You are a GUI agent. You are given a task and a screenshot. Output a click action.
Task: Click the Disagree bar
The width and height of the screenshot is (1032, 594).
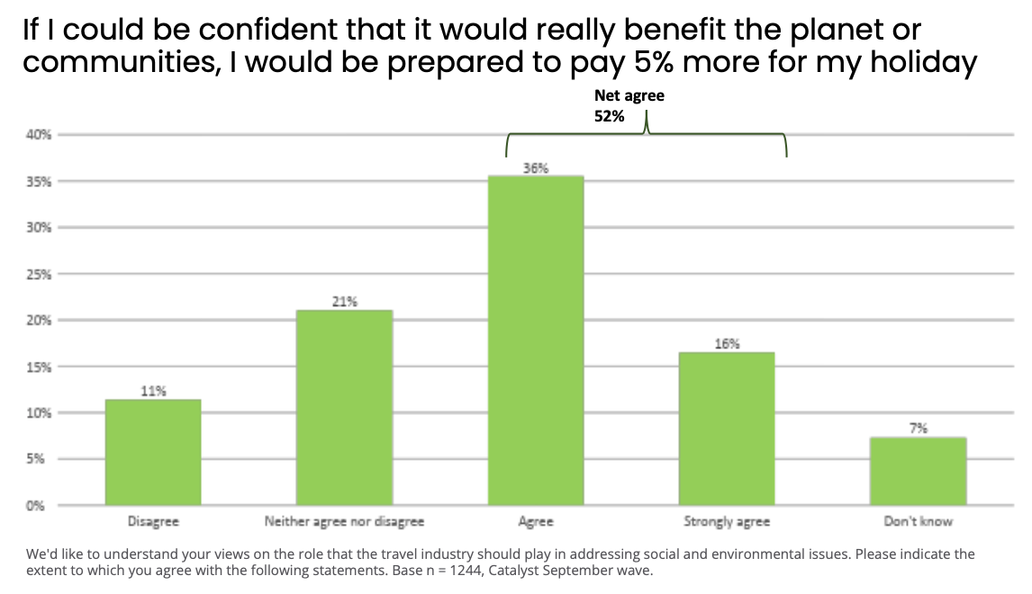point(153,452)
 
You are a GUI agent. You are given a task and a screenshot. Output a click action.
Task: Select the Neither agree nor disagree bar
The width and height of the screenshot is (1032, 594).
point(344,407)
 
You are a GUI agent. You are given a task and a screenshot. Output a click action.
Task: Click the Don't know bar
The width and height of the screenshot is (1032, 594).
point(918,471)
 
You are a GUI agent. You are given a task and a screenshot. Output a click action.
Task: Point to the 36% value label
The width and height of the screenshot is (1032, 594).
point(536,167)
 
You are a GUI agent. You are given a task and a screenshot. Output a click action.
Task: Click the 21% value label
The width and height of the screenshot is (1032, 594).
point(344,301)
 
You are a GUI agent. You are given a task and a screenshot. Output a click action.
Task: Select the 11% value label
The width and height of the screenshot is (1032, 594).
point(153,391)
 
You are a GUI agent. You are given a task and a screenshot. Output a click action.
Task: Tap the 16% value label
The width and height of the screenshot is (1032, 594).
point(727,343)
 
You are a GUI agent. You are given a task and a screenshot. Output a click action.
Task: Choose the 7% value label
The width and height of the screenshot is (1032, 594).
point(918,428)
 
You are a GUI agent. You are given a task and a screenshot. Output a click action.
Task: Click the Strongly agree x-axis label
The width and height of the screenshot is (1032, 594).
point(727,521)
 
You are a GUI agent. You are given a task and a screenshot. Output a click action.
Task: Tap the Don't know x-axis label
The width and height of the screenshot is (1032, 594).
point(918,521)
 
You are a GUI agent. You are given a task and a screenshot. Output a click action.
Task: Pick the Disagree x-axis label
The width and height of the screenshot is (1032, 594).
point(153,521)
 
